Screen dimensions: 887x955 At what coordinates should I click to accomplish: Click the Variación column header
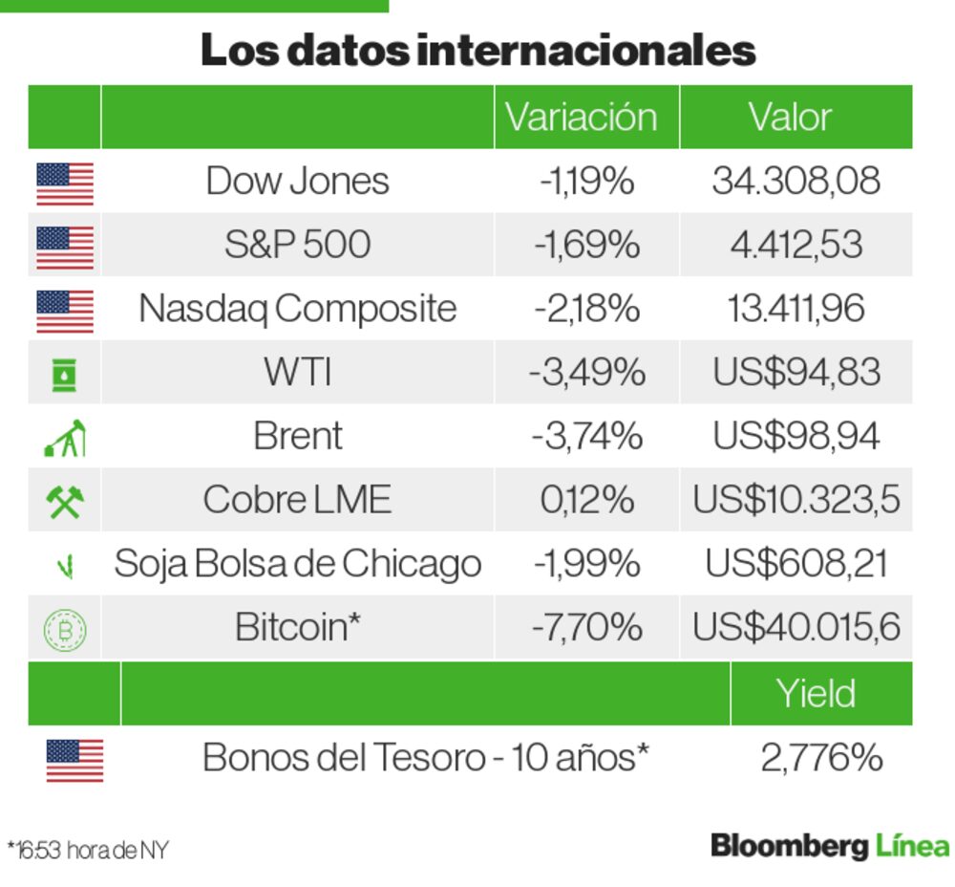(x=581, y=118)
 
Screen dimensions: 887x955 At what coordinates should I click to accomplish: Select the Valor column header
(x=790, y=118)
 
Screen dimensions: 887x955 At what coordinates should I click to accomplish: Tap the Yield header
(x=815, y=693)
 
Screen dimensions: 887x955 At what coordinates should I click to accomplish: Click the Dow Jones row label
(x=297, y=181)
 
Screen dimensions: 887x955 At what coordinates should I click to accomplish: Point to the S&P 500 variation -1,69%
(x=586, y=245)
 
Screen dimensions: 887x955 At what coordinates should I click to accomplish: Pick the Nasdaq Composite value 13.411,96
(x=796, y=309)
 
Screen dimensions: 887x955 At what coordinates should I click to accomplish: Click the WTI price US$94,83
(x=796, y=372)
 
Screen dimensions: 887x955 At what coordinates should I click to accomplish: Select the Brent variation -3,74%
(x=586, y=436)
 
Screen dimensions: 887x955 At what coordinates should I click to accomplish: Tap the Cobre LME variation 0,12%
(x=586, y=500)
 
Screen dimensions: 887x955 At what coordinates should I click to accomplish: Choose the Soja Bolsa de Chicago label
(x=297, y=564)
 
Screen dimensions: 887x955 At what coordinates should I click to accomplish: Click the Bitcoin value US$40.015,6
(x=796, y=627)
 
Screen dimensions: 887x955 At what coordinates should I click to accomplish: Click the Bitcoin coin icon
(x=65, y=629)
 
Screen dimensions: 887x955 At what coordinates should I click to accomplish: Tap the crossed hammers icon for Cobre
(x=65, y=501)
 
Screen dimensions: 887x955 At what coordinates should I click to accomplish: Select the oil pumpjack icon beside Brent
(x=65, y=438)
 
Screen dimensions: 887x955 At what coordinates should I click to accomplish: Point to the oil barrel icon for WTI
(x=65, y=375)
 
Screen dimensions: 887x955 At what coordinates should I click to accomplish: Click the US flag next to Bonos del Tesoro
(x=74, y=761)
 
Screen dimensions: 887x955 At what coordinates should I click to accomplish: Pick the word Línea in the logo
(x=911, y=846)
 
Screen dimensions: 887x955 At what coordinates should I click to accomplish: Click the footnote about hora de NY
(x=88, y=849)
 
